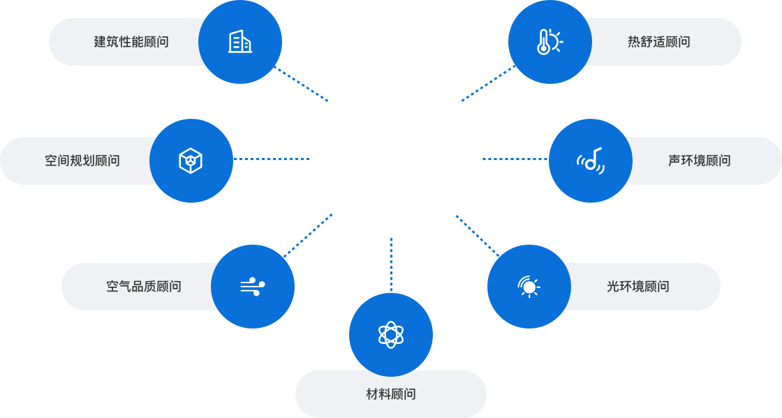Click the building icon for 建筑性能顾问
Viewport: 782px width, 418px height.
[x=240, y=42]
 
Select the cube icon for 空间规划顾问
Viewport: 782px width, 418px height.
[x=191, y=161]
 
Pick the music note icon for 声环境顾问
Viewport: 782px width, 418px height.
[x=591, y=161]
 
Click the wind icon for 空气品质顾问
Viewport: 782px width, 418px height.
[x=252, y=286]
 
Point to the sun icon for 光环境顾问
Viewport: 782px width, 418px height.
[x=529, y=286]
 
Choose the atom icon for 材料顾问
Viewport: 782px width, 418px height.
[x=391, y=335]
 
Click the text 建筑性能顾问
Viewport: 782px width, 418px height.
[x=131, y=42]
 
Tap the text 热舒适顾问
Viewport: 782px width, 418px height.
[x=658, y=42]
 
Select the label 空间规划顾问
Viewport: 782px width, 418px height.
[x=82, y=161]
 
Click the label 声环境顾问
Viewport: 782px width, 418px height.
[x=699, y=161]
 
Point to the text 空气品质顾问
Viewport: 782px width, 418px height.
[x=144, y=286]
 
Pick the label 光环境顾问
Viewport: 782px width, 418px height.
[x=637, y=286]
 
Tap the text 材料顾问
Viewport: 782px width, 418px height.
[x=391, y=394]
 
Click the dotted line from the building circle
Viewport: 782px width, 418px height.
[x=302, y=85]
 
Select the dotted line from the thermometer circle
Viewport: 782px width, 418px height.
[x=487, y=84]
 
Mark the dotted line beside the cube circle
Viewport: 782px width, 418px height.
[x=272, y=159]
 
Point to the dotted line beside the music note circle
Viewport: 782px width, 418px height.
[x=515, y=159]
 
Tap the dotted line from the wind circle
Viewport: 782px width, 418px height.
[x=308, y=236]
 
